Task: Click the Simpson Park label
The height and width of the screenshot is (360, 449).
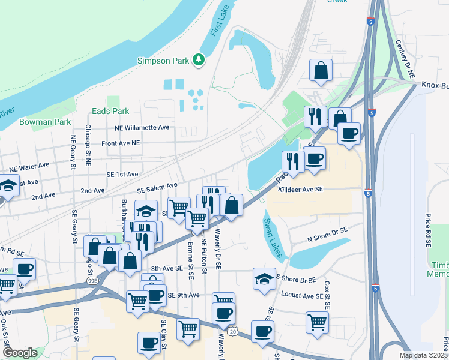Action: pyautogui.click(x=163, y=60)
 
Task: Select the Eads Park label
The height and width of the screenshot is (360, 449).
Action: pyautogui.click(x=110, y=111)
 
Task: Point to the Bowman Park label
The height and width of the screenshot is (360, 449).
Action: pyautogui.click(x=37, y=122)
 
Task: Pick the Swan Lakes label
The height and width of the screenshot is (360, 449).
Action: pyautogui.click(x=272, y=238)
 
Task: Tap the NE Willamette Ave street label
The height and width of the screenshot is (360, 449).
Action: pyautogui.click(x=143, y=128)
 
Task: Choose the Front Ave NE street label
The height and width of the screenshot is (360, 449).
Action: pyautogui.click(x=121, y=143)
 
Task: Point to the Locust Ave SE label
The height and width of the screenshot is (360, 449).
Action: pyautogui.click(x=303, y=296)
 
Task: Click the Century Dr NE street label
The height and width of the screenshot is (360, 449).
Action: pyautogui.click(x=405, y=59)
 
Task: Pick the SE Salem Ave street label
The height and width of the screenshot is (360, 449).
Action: pyautogui.click(x=157, y=188)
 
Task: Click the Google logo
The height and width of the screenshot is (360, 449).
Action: pyautogui.click(x=20, y=353)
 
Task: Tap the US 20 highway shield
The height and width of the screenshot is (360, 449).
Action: pyautogui.click(x=232, y=331)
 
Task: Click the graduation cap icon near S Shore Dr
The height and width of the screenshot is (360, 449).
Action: pyautogui.click(x=263, y=279)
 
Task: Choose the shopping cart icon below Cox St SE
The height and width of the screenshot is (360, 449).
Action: pyautogui.click(x=316, y=322)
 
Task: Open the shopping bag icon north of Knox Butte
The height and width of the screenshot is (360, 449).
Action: pyautogui.click(x=321, y=70)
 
